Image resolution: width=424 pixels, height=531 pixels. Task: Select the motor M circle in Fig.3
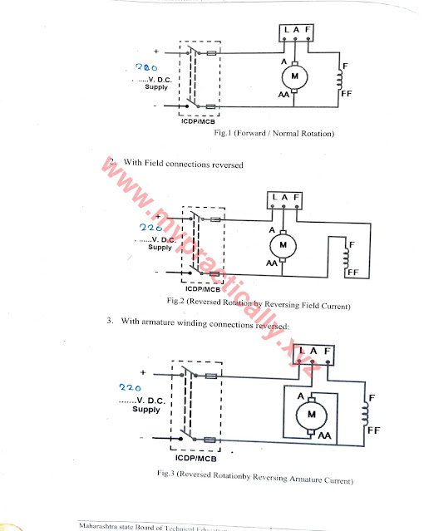click(x=313, y=413)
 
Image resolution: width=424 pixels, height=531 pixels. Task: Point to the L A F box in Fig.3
click(x=316, y=352)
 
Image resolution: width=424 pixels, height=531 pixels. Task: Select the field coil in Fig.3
click(x=362, y=413)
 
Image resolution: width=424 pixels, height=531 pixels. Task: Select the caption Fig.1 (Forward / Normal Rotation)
click(x=274, y=133)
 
